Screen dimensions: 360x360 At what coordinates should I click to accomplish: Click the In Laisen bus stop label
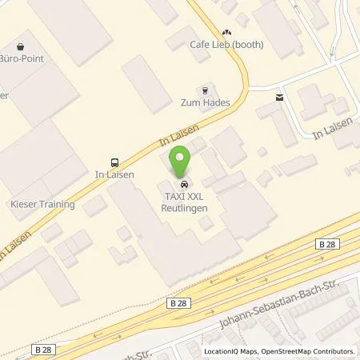tap(113, 172)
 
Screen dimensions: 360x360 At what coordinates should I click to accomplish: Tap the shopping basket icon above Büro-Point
tap(20, 46)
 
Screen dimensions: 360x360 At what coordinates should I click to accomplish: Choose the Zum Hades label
tap(206, 103)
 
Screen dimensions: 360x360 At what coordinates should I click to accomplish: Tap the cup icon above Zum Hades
tap(206, 90)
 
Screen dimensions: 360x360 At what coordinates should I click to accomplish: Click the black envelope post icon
tap(278, 98)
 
